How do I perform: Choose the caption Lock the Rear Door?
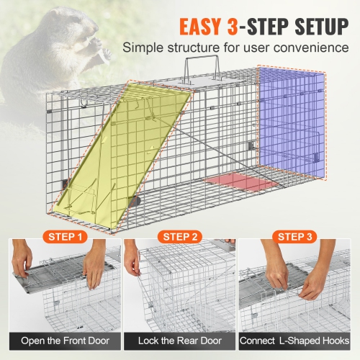point(180,340)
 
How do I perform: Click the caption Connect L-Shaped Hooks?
point(297,340)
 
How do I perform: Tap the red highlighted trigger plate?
point(242,183)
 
